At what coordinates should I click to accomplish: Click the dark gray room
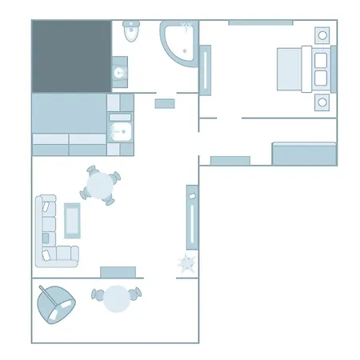coord(70,56)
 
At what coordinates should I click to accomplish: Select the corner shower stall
coord(179,42)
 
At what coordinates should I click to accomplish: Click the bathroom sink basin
coord(121,73)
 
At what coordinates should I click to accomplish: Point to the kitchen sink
coord(120,132)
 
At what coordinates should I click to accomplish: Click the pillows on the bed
coord(321,68)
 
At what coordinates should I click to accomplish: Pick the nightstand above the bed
coord(322,34)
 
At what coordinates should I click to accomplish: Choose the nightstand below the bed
coord(322,102)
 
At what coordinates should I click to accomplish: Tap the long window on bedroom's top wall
coord(260,22)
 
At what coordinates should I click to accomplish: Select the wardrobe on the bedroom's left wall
coord(206,72)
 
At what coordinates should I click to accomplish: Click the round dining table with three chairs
coord(102,186)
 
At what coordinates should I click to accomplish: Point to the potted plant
coord(187,263)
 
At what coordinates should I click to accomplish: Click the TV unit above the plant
coord(192,218)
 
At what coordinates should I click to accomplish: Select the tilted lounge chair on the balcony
coord(56,304)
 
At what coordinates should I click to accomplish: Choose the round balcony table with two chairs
coord(118,298)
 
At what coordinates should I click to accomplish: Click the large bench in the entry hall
coord(304,153)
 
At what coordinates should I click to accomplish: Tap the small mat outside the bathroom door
coord(165,103)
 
